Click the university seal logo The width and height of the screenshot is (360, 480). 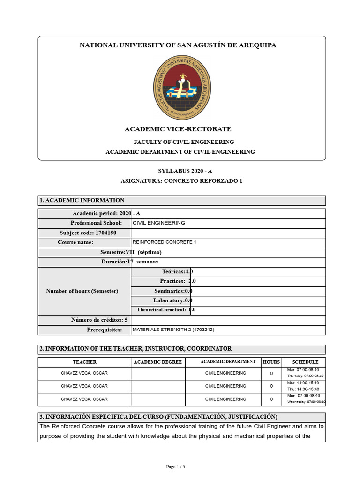tap(182, 87)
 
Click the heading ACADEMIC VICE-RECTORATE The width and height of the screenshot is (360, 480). tap(178, 129)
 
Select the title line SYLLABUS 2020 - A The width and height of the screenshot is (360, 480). tap(181, 171)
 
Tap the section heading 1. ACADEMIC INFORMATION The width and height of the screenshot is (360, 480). tap(82, 200)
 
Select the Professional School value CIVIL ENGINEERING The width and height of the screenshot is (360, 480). tap(159, 223)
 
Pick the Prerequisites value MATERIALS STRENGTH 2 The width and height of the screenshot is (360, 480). tap(173, 330)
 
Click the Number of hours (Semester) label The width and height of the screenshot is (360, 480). tap(82, 291)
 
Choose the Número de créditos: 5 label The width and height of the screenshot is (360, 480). tap(99, 320)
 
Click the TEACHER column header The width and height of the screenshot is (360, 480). tap(84, 362)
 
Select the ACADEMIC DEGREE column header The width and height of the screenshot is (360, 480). tap(158, 362)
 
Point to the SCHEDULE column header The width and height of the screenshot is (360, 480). tap(305, 362)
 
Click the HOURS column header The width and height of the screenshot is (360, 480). tap(271, 362)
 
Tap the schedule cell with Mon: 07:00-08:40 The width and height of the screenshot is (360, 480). tap(305, 399)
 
